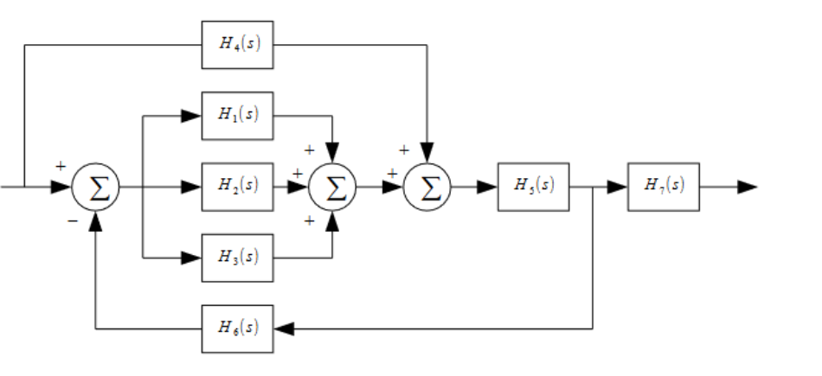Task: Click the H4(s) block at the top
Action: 237,45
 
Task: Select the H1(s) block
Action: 237,116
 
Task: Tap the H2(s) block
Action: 237,187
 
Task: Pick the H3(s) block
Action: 237,258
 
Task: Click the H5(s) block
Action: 533,187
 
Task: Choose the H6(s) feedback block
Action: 237,328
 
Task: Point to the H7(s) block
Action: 665,187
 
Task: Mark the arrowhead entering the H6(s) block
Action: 284,328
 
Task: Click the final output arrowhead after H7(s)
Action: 748,187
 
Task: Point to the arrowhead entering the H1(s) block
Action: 191,116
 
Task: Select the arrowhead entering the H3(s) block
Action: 191,258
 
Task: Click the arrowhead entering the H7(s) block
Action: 617,187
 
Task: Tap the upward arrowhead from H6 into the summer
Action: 95,221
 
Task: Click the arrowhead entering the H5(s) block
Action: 486,187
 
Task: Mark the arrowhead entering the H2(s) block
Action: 191,187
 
